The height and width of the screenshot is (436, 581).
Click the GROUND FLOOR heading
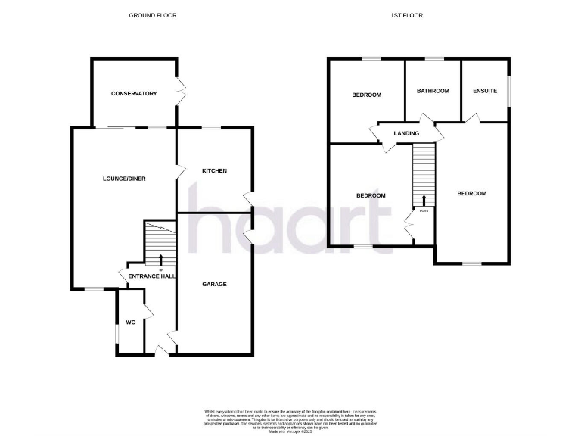(152, 15)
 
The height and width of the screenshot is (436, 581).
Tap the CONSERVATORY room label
(134, 94)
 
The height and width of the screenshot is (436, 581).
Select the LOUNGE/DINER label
(124, 179)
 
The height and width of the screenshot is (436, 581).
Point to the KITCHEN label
(214, 171)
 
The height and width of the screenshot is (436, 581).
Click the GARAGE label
(214, 285)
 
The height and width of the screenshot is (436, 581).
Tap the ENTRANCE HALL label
(151, 276)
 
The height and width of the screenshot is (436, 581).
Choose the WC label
(130, 322)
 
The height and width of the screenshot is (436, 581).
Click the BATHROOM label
(433, 91)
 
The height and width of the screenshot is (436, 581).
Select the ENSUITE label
(485, 91)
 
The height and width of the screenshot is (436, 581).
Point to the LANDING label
(406, 134)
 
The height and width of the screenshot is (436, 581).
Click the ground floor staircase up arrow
(160, 260)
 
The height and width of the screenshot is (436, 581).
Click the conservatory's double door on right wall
(181, 91)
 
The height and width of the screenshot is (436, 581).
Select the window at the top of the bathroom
(433, 58)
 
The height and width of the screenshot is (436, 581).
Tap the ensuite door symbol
(471, 117)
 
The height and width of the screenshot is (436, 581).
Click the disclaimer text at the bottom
(290, 419)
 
